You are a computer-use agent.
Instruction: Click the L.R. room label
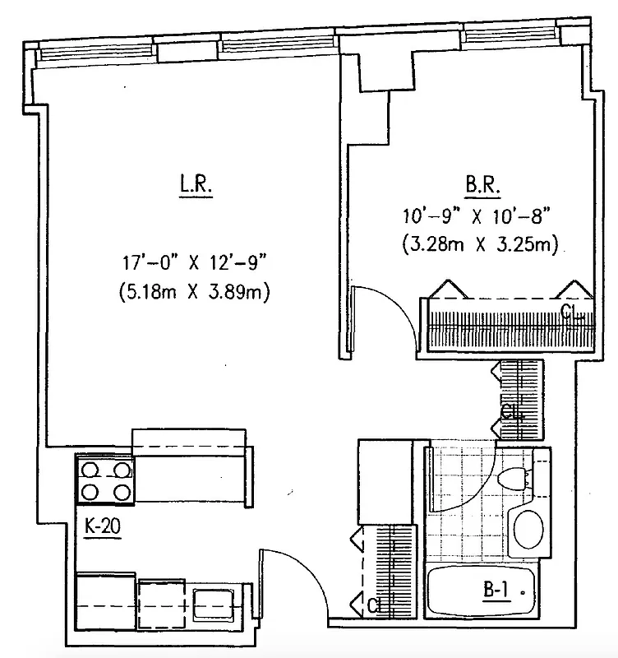click(196, 185)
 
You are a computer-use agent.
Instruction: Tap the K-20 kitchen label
click(104, 526)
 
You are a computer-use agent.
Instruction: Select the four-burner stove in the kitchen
click(104, 480)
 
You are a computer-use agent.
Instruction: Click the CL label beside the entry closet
click(374, 607)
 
